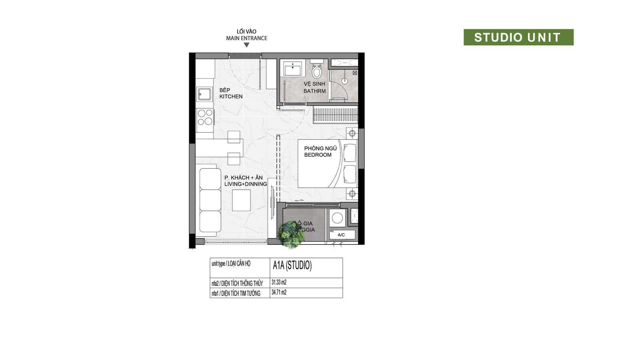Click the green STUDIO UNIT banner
click(518, 37)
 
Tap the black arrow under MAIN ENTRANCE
click(246, 45)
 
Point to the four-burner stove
click(205, 117)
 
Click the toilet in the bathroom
click(317, 70)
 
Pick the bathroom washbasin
click(293, 69)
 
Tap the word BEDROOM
click(318, 155)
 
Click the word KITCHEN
click(231, 96)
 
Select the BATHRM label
click(314, 91)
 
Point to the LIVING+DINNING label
click(246, 184)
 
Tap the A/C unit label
click(341, 235)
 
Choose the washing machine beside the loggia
click(337, 218)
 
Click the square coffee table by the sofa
click(241, 200)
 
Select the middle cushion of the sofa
click(210, 200)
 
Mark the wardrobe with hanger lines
click(335, 115)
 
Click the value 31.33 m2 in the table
click(279, 282)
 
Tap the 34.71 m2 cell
click(279, 292)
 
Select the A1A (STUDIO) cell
click(292, 266)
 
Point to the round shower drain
click(344, 81)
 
